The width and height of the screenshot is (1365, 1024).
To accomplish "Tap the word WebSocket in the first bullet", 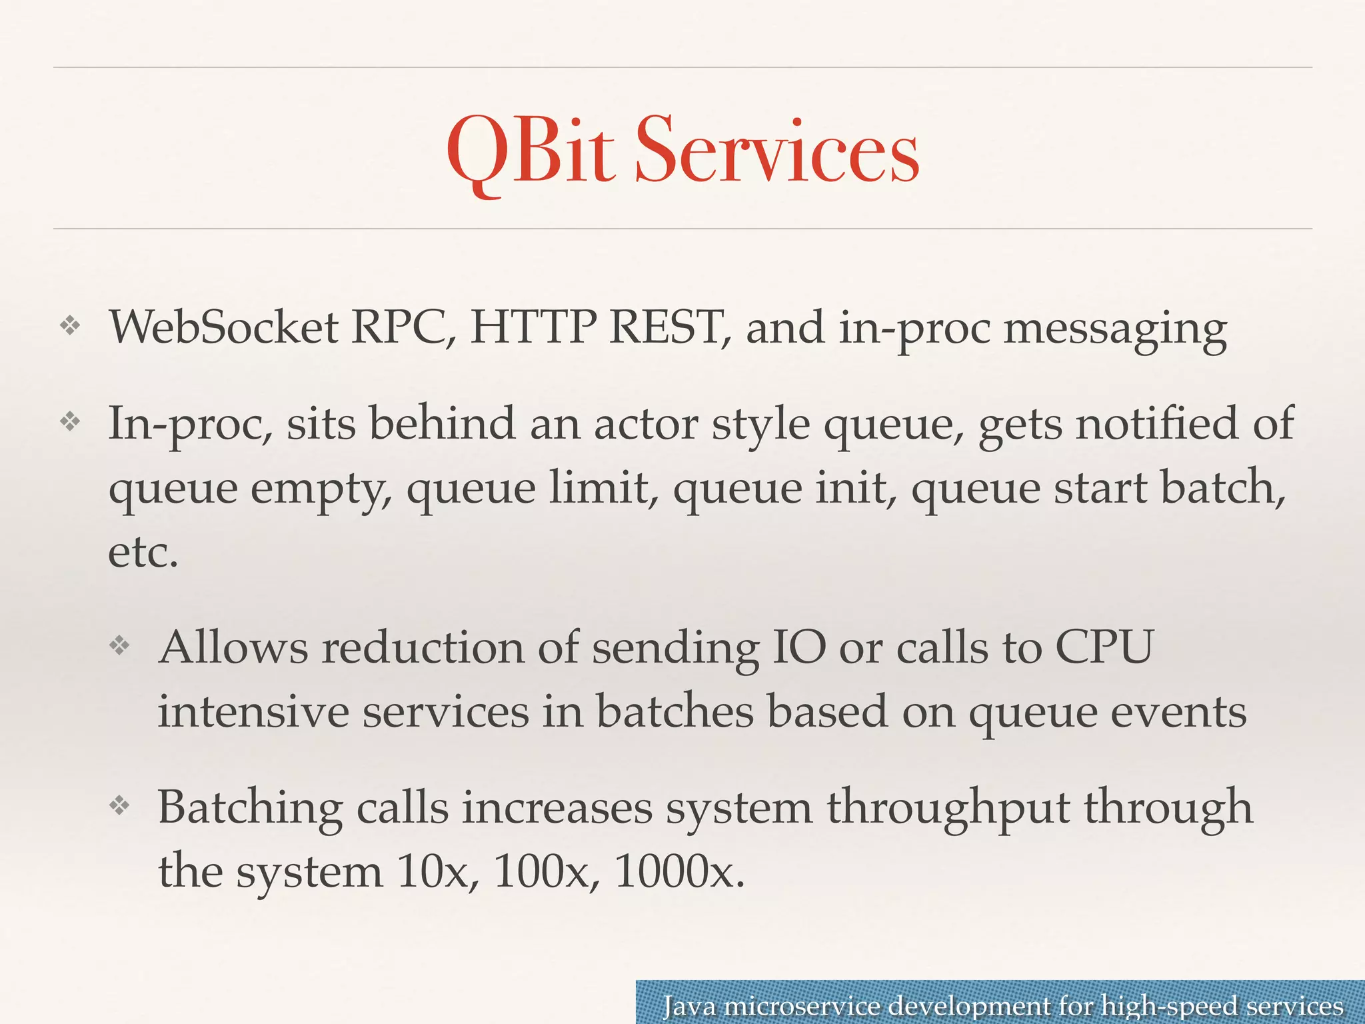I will coord(224,327).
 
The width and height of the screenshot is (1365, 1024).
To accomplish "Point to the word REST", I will coord(668,327).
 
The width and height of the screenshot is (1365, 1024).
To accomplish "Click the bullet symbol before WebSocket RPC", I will coord(70,326).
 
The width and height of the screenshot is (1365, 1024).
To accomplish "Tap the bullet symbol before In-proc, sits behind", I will coord(70,421).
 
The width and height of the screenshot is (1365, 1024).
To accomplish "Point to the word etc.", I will coord(143,553).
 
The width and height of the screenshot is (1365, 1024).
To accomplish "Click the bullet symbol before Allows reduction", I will coord(119,645).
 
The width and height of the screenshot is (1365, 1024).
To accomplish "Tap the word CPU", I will coord(1104,647).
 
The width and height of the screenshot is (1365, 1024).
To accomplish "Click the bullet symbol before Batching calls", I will coord(119,806).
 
